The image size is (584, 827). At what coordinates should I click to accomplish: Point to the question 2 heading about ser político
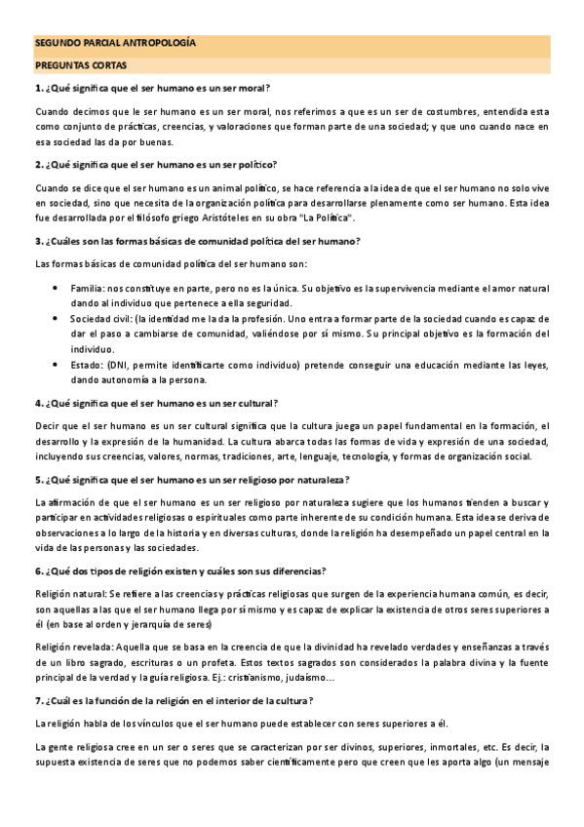(156, 164)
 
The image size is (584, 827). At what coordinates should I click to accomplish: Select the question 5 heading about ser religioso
(193, 478)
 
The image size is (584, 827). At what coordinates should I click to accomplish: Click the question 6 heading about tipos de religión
(180, 571)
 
